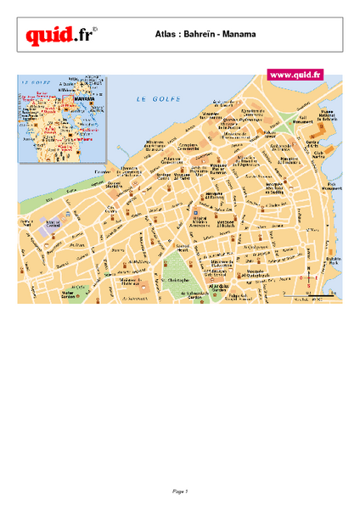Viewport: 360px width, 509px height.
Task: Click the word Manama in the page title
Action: tap(241, 35)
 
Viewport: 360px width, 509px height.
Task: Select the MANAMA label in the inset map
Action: tap(84, 100)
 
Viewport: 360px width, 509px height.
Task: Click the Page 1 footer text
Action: tap(179, 491)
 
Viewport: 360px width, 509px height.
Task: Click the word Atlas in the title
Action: tap(167, 35)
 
